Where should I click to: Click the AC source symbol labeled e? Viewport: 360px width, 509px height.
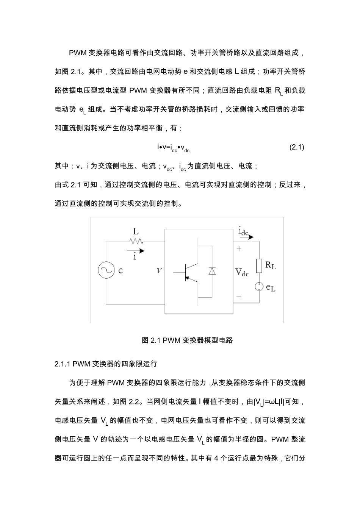(x=106, y=270)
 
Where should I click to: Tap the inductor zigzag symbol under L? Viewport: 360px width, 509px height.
(x=136, y=241)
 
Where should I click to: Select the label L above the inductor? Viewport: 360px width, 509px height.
(x=136, y=231)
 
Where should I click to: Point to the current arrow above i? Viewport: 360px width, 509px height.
(x=136, y=250)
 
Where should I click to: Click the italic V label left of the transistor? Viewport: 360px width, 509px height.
(x=159, y=271)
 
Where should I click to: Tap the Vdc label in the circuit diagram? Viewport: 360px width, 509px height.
(x=242, y=272)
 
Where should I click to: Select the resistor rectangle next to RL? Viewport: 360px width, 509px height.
(x=259, y=265)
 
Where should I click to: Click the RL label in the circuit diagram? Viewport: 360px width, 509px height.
(x=271, y=265)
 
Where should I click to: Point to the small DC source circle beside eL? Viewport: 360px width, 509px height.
(x=259, y=286)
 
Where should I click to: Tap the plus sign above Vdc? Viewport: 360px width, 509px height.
(x=239, y=249)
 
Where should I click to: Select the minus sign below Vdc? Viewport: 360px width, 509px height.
(x=239, y=297)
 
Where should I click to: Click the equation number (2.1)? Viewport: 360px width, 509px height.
(x=297, y=147)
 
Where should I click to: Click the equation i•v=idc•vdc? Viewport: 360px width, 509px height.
(x=173, y=147)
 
